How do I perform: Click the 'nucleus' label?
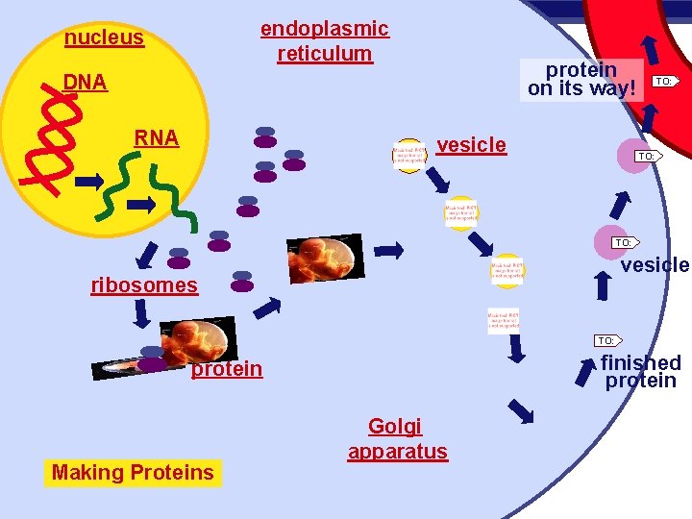pos(104,38)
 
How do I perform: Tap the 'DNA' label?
pos(85,83)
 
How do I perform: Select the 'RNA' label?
pos(157,137)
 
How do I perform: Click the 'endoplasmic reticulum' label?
pos(325,41)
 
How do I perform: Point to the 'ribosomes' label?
pos(144,284)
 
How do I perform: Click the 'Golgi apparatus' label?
pos(397,439)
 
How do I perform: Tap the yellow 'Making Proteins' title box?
pos(133,472)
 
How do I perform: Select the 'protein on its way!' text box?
pos(581,79)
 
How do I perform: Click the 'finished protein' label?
pos(640,371)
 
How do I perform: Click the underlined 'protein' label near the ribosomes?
pos(227,369)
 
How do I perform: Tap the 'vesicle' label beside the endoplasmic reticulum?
pos(471,145)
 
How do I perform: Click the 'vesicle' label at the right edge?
pos(655,265)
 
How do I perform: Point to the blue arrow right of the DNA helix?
pos(89,181)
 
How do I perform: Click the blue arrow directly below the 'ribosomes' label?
pos(141,313)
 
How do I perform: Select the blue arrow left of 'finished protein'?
pos(584,371)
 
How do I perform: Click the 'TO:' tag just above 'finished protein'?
pos(606,340)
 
